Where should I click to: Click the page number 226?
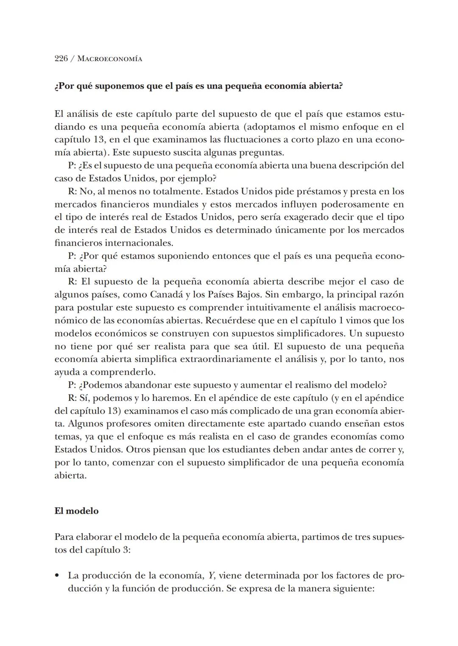tap(61, 59)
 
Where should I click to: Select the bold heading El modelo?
tap(76, 511)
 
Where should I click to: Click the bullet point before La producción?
tap(57, 576)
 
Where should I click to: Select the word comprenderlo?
tap(123, 372)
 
